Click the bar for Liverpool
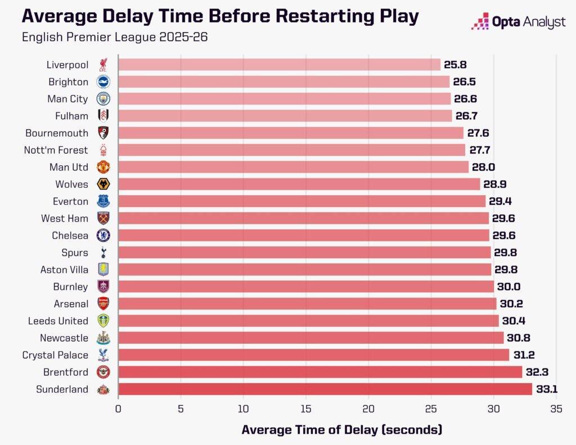(279, 65)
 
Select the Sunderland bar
(325, 389)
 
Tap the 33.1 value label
(547, 389)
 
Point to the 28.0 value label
(483, 167)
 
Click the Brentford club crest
(103, 372)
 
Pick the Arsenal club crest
(103, 304)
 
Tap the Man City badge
(103, 99)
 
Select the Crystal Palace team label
(55, 355)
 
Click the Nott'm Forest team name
(56, 150)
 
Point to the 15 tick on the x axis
(306, 409)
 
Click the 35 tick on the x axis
(556, 409)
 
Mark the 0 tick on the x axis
(118, 409)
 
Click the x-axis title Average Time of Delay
(341, 430)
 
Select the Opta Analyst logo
(518, 23)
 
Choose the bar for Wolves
(299, 184)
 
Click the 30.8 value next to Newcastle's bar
(518, 338)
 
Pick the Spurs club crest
(103, 253)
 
